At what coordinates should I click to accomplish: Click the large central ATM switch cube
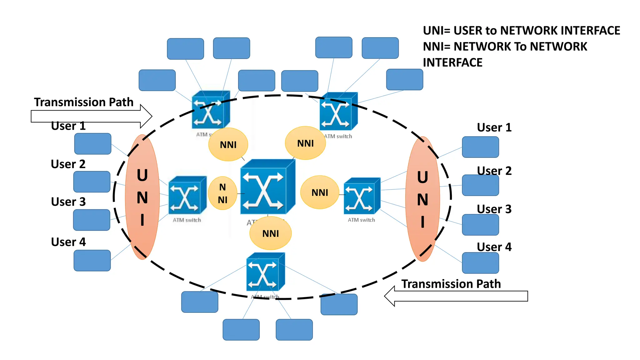[267, 187]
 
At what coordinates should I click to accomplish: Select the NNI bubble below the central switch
[271, 233]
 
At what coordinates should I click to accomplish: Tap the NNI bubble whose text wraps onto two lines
[222, 193]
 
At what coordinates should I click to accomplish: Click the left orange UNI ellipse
[142, 197]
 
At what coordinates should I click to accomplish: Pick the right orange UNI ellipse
[422, 199]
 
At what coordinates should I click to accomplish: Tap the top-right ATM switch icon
[338, 112]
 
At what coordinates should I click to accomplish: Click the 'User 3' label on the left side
[68, 202]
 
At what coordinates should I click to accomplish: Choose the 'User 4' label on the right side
[494, 247]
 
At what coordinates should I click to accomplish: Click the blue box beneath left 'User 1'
[93, 144]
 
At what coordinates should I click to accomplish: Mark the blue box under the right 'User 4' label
[480, 263]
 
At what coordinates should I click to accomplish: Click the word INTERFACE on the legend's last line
[452, 62]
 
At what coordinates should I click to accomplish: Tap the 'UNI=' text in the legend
[437, 31]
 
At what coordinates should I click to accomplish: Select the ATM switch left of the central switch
[187, 196]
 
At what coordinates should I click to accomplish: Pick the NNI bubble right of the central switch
[320, 192]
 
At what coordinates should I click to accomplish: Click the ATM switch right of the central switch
[362, 196]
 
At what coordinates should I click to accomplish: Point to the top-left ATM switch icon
[210, 110]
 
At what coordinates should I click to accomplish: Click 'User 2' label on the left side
[68, 164]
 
